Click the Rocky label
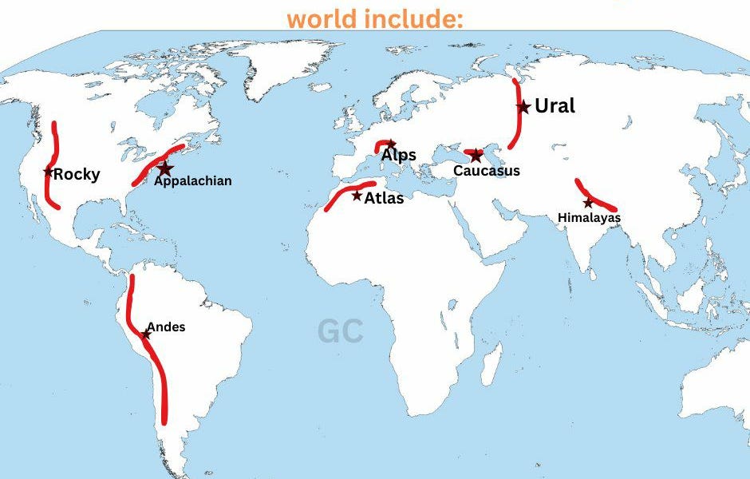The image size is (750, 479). (x=77, y=174)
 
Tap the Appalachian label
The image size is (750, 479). (x=193, y=181)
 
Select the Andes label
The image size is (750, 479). (x=166, y=327)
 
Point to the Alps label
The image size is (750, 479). (x=398, y=155)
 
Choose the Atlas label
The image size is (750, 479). (x=384, y=198)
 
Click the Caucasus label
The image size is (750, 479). (x=487, y=171)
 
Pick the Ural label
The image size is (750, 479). (x=555, y=106)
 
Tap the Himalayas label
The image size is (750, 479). (x=589, y=217)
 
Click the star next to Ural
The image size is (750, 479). (x=523, y=107)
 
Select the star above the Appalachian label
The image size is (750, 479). (x=165, y=168)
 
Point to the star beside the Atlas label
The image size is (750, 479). (x=357, y=196)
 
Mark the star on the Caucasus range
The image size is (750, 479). (x=476, y=155)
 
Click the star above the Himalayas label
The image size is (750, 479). (x=588, y=203)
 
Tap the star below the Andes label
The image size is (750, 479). (x=146, y=335)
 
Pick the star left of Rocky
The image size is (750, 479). (x=49, y=172)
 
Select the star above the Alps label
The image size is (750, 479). (x=390, y=144)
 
